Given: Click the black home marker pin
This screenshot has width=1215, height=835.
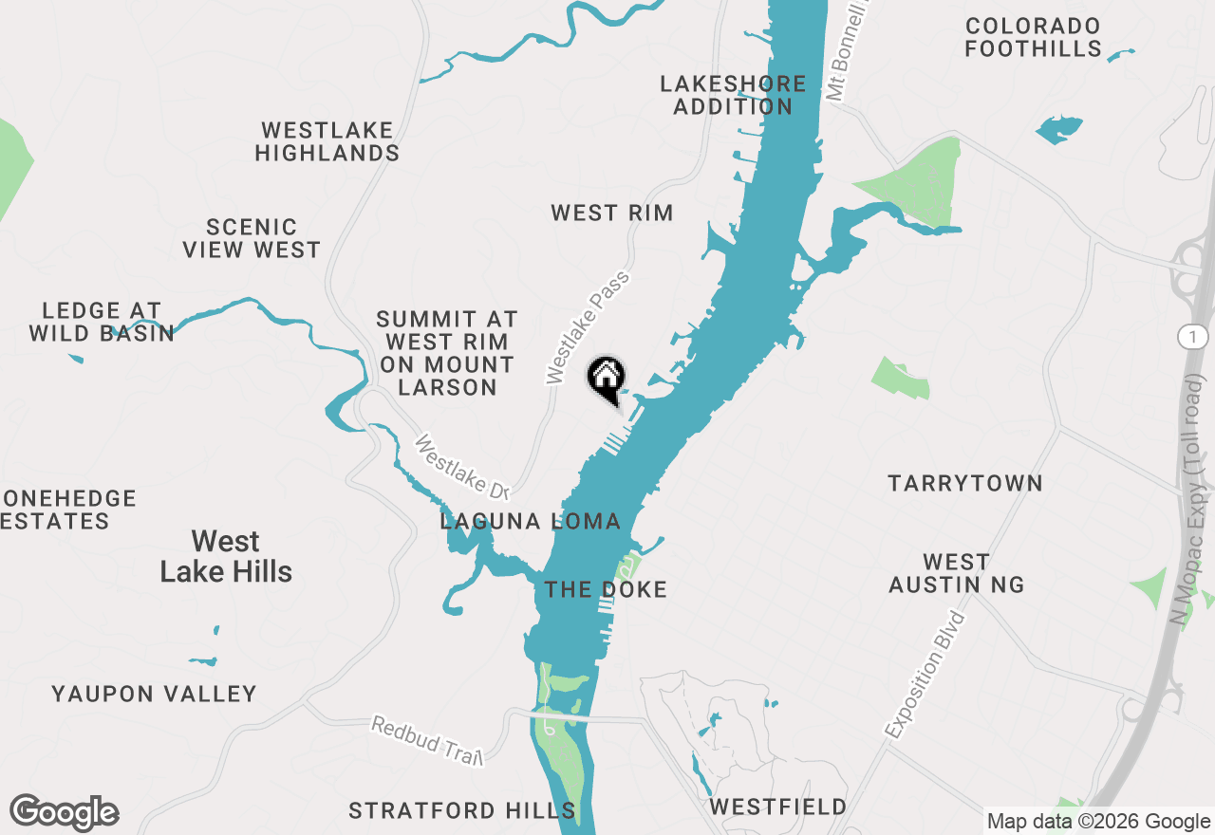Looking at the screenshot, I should tap(606, 379).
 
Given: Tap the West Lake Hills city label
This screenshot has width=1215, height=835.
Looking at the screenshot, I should tap(226, 556).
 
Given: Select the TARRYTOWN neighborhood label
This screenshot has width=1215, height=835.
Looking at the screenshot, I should tap(965, 483).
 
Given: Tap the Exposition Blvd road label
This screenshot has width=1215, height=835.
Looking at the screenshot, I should tap(925, 676).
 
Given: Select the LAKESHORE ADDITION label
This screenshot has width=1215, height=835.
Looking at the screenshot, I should tap(733, 95).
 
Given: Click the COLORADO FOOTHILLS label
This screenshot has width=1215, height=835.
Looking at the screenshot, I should tap(1033, 37).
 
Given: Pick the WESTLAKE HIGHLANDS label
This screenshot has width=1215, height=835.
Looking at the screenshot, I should tap(327, 141).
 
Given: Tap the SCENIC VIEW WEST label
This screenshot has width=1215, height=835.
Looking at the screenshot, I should tap(252, 238).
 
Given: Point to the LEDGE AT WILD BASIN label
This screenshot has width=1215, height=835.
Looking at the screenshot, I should tap(102, 322).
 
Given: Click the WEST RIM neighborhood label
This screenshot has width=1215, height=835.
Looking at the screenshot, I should tap(612, 213).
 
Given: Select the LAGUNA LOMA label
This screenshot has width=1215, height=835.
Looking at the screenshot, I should tap(531, 521).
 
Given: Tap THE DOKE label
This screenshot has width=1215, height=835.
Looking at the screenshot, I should tap(606, 589).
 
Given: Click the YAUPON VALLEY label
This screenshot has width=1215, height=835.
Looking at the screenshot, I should tap(155, 694).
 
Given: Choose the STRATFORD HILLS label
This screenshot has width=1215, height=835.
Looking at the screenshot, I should tap(462, 810).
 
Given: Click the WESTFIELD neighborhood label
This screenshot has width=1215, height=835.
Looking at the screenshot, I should tap(778, 807).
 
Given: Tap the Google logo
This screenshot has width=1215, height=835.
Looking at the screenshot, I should tap(65, 812).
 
